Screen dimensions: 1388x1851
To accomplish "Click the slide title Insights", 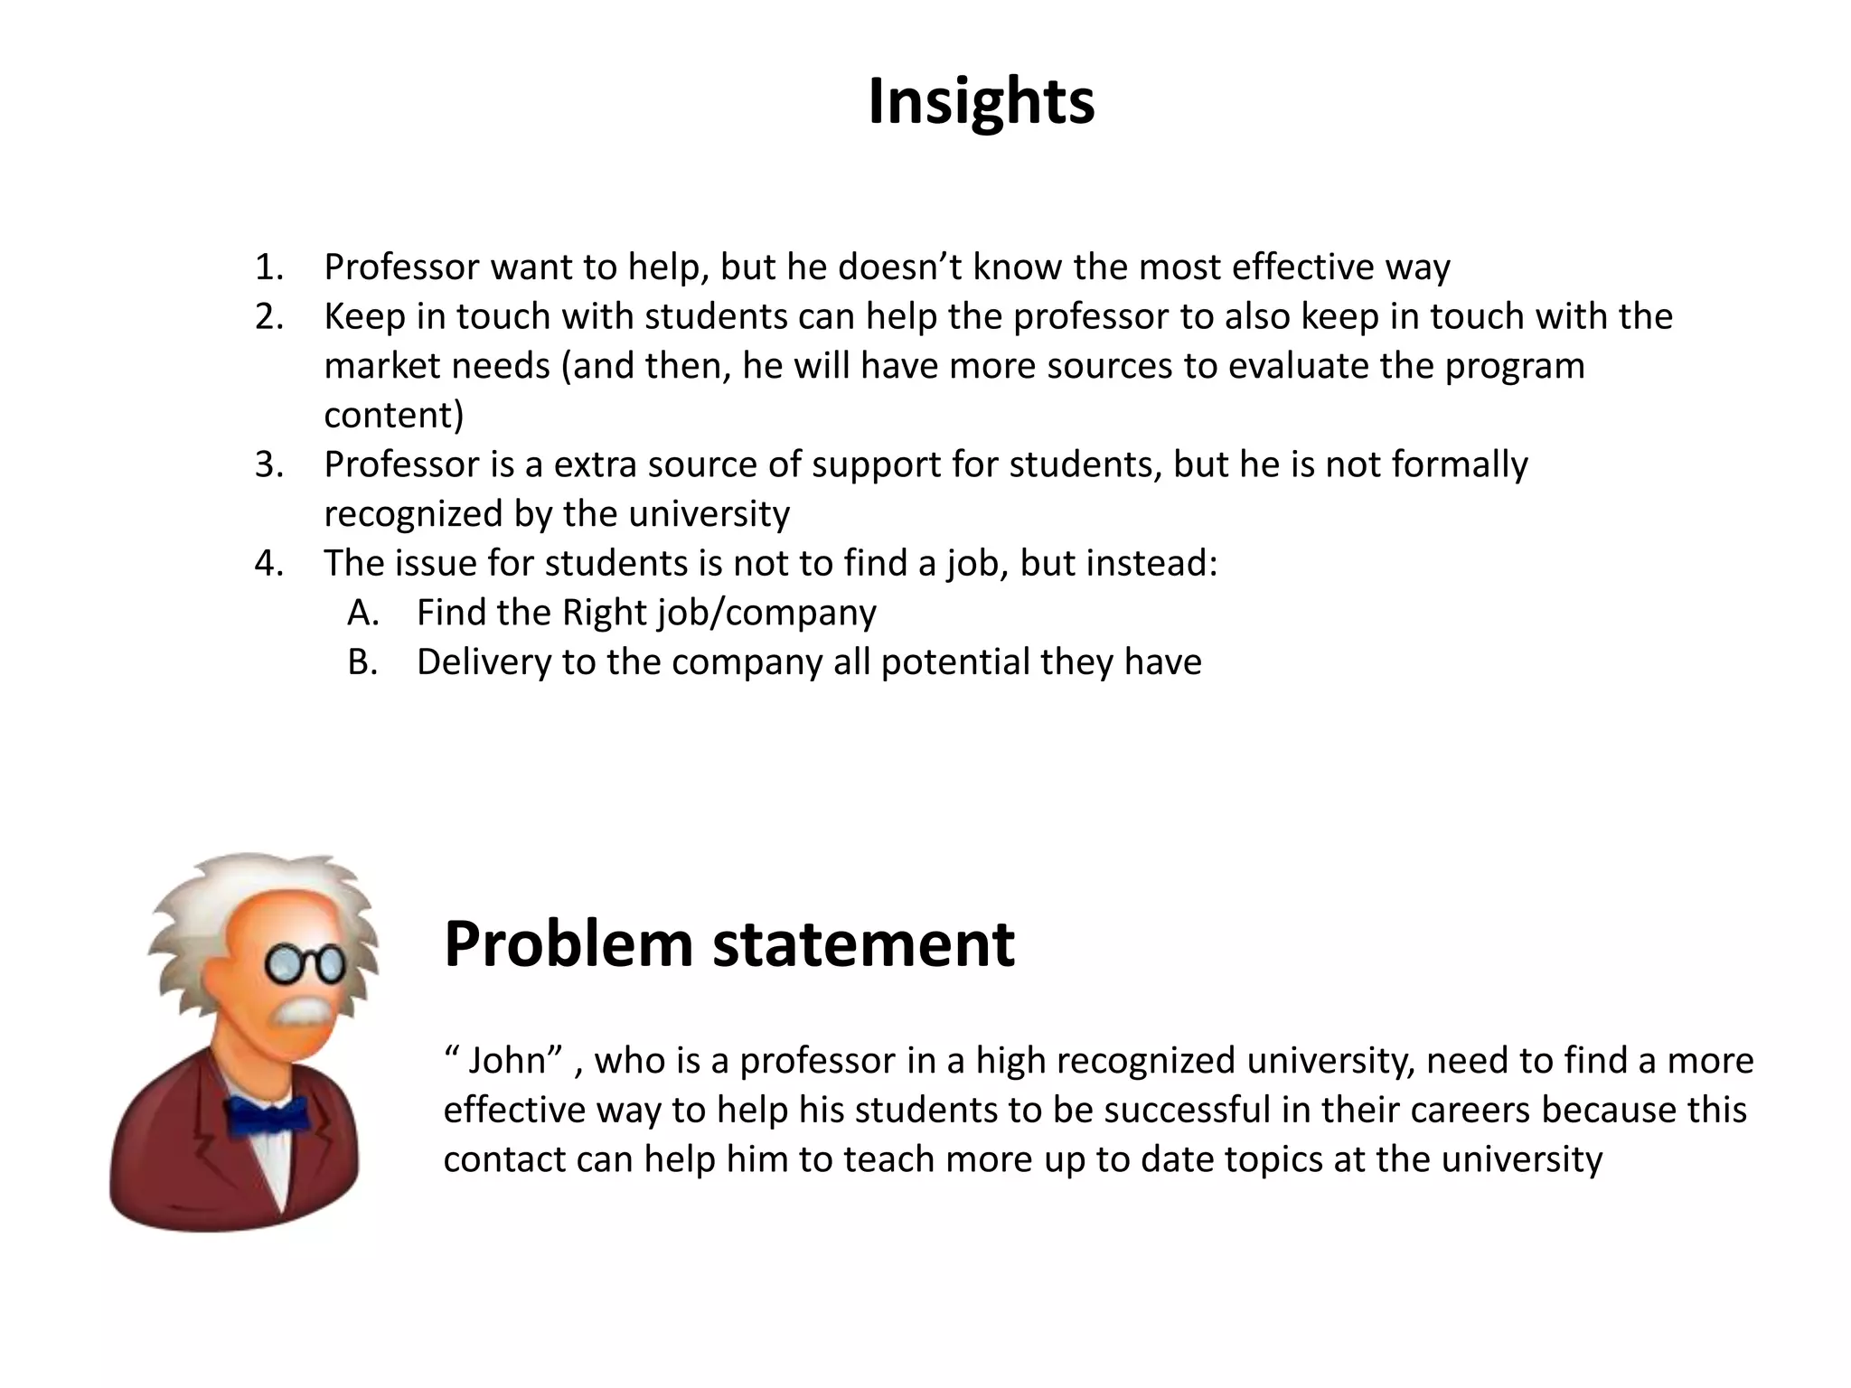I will click(x=981, y=101).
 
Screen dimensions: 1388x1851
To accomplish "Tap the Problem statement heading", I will click(x=728, y=944).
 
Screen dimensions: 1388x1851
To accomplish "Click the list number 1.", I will click(x=268, y=267).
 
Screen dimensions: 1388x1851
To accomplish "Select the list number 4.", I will click(x=268, y=563).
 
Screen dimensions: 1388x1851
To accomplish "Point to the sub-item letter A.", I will click(x=362, y=613).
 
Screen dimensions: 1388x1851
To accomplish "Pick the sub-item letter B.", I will click(x=362, y=662).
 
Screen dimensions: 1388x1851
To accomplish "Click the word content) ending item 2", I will click(x=393, y=416).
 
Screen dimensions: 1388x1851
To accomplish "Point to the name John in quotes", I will click(x=507, y=1060).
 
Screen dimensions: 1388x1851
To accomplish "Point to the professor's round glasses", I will click(x=305, y=964).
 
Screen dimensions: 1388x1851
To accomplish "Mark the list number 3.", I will click(x=268, y=464).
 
